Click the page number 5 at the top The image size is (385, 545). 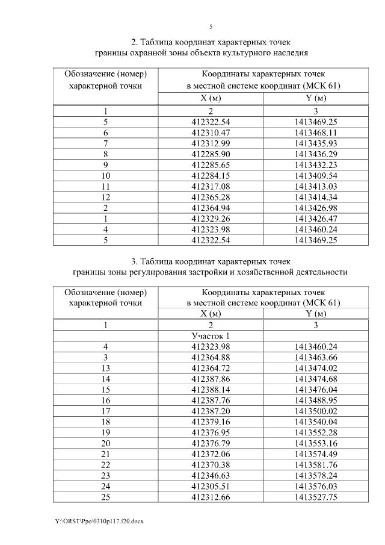(211, 26)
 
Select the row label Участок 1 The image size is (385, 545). (211, 335)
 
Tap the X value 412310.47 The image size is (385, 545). (211, 132)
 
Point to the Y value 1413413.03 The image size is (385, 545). (315, 187)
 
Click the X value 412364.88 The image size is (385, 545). (211, 357)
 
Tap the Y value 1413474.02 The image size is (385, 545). (315, 367)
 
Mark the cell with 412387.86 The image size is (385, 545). (211, 378)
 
